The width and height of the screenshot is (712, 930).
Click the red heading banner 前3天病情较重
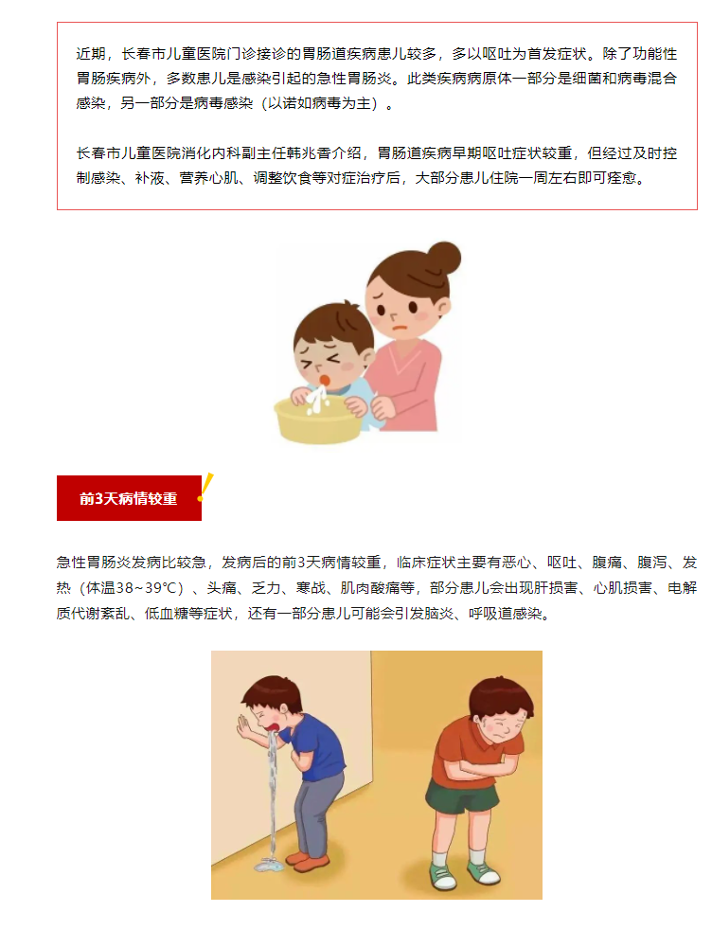click(x=129, y=498)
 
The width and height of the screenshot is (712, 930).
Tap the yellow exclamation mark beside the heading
click(x=205, y=488)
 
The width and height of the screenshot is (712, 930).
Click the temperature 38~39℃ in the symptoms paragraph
click(x=150, y=588)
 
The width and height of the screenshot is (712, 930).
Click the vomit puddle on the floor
click(x=270, y=866)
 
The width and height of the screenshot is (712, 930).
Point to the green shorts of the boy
click(x=461, y=791)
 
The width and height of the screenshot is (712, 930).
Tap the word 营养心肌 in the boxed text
click(x=208, y=179)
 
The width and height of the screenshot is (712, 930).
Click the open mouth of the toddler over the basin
click(x=325, y=380)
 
